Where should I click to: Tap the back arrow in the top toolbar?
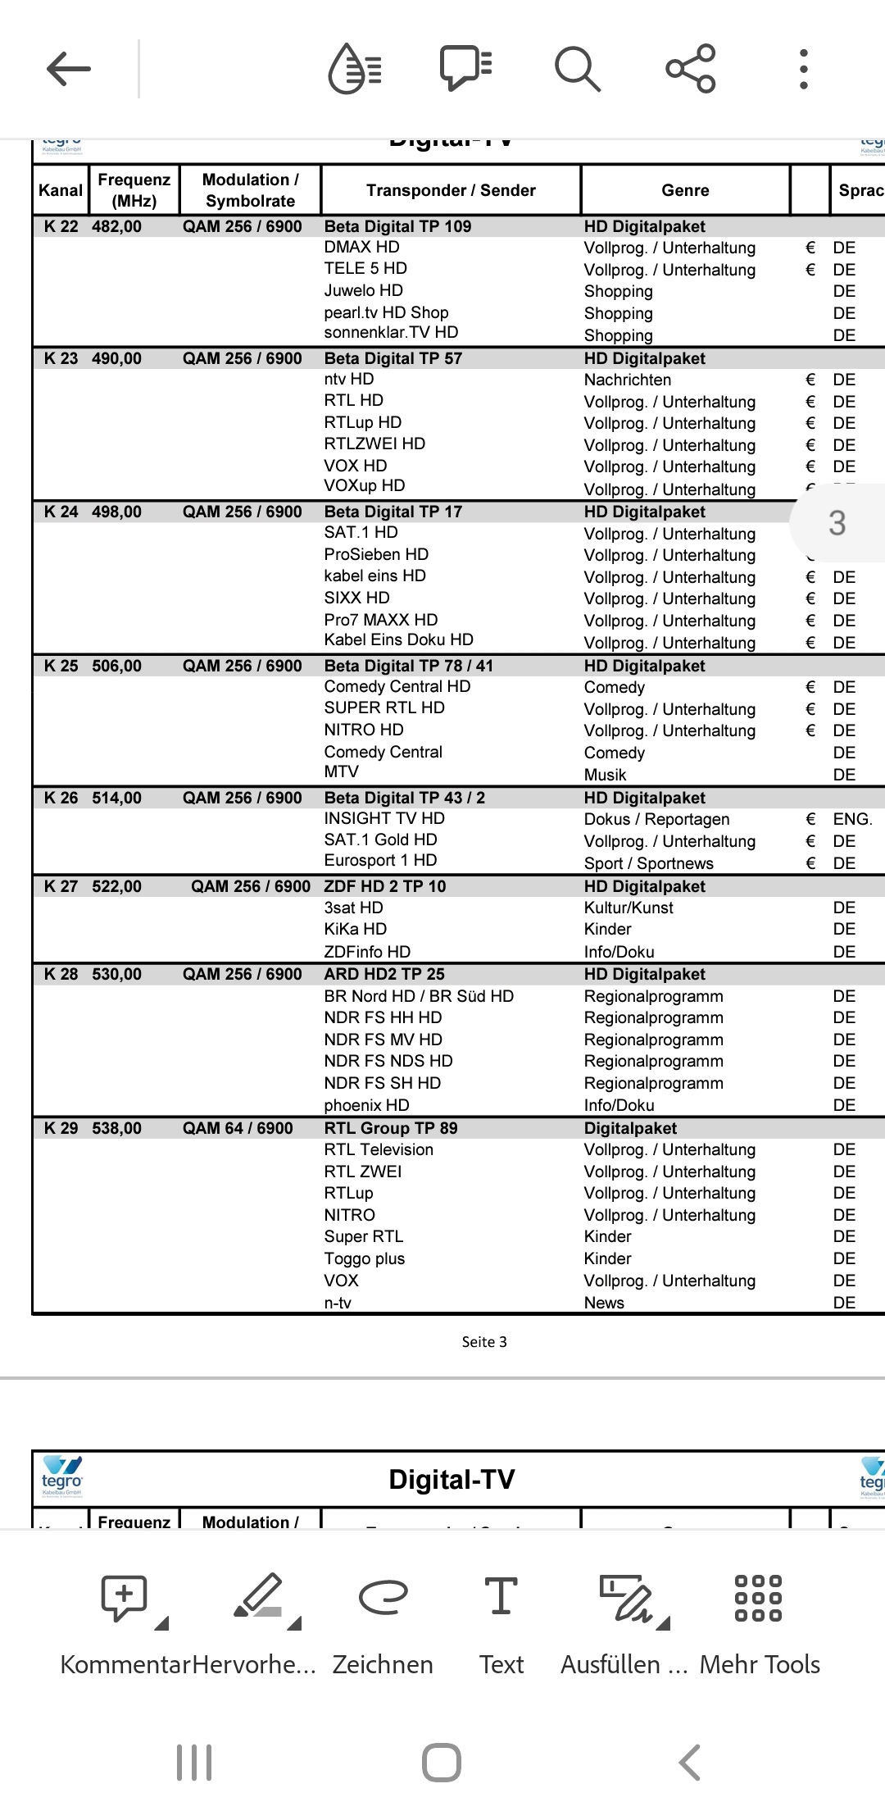pyautogui.click(x=69, y=69)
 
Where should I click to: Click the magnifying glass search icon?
pyautogui.click(x=578, y=69)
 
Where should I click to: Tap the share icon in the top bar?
pyautogui.click(x=691, y=69)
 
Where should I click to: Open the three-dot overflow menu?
pyautogui.click(x=804, y=69)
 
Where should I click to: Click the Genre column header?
pyautogui.click(x=685, y=190)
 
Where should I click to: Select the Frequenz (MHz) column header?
pyautogui.click(x=134, y=190)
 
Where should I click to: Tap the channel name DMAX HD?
pyautogui.click(x=361, y=247)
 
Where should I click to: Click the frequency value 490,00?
pyautogui.click(x=116, y=358)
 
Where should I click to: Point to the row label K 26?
pyautogui.click(x=61, y=798)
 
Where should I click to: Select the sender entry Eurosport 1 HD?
pyautogui.click(x=380, y=860)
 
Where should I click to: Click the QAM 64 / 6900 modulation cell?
pyautogui.click(x=238, y=1128)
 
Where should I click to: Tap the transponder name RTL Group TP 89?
pyautogui.click(x=391, y=1128)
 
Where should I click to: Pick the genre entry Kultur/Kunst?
pyautogui.click(x=629, y=908)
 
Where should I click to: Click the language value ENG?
pyautogui.click(x=852, y=819)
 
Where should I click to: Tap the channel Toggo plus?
pyautogui.click(x=364, y=1258)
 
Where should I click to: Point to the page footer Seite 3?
pyautogui.click(x=484, y=1342)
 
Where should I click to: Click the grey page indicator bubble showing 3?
pyautogui.click(x=837, y=523)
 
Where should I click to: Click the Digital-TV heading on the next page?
pyautogui.click(x=452, y=1479)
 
